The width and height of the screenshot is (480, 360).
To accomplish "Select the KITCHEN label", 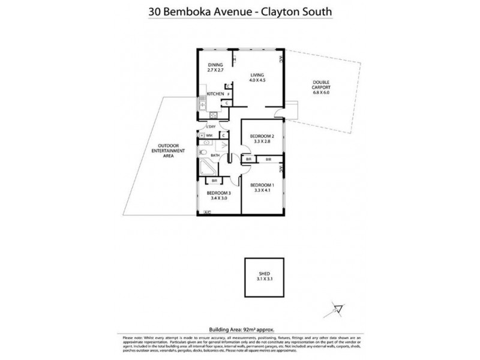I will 215,94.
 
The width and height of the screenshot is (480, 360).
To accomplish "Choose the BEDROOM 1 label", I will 262,187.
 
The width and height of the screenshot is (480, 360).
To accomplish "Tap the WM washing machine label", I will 209,136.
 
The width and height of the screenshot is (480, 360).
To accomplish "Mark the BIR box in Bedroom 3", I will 214,181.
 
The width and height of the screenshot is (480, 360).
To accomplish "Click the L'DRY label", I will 211,127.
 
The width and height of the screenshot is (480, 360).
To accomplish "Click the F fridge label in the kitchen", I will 229,94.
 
